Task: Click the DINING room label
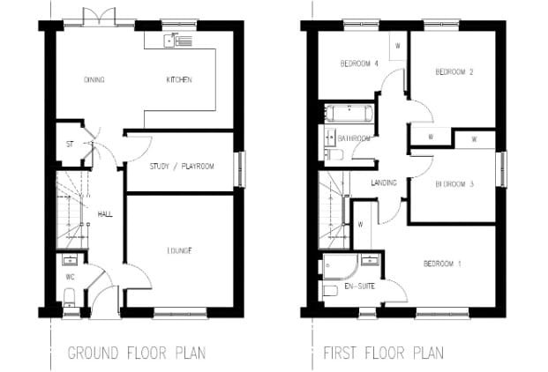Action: pos(94,80)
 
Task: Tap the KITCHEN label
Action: pos(179,80)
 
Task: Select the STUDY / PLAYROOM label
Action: pos(182,167)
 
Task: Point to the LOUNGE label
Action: pos(179,251)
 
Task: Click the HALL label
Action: pos(105,214)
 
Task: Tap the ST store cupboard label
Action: pos(70,144)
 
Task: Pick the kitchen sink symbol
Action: pos(178,41)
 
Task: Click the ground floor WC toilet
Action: pos(69,296)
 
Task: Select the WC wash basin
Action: pos(71,260)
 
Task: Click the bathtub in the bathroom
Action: pos(349,113)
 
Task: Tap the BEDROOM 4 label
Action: pos(359,63)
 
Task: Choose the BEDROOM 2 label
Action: pos(454,72)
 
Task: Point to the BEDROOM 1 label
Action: pos(442,264)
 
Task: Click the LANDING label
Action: pos(384,182)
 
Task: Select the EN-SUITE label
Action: pos(360,286)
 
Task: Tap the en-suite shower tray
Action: pos(340,266)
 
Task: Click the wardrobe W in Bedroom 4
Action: pos(398,46)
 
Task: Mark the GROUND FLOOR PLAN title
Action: pos(137,353)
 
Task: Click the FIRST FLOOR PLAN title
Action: pos(384,353)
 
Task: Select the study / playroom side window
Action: pos(240,169)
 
